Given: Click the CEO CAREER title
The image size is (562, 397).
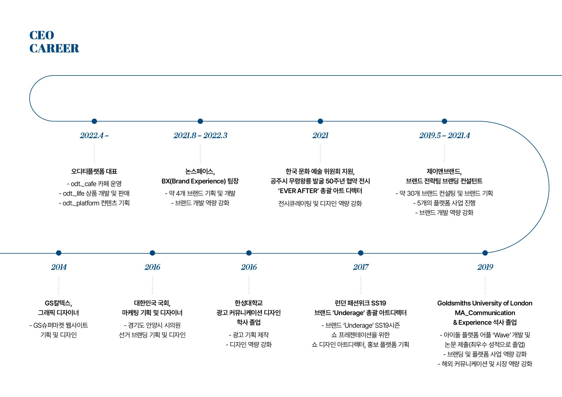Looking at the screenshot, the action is click(54, 42).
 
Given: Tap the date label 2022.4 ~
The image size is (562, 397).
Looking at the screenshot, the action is click(94, 135).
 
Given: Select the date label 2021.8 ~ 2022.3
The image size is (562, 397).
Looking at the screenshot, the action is click(200, 135).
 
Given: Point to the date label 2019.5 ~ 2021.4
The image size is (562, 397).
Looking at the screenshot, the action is click(444, 135).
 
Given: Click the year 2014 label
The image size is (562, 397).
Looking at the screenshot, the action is click(59, 267).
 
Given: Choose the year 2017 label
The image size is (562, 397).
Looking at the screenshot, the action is click(361, 267).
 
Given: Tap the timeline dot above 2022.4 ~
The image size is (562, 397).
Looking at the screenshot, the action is click(94, 121).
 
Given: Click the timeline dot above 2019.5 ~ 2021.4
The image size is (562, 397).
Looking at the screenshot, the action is click(444, 121).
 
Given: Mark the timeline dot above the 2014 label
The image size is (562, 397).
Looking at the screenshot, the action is click(59, 253).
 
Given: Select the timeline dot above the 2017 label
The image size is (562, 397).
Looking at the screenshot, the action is click(361, 253).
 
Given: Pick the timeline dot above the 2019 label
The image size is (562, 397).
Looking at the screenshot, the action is click(485, 253).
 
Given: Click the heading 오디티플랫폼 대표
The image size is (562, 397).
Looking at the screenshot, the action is click(94, 171).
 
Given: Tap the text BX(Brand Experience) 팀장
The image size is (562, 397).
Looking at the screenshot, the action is click(200, 181).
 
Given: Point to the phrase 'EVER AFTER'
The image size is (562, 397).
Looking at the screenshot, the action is click(298, 191).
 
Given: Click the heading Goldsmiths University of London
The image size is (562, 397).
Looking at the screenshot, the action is click(485, 303).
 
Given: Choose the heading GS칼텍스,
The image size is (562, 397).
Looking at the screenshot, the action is click(59, 303).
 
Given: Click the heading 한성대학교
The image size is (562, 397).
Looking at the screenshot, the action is click(249, 303).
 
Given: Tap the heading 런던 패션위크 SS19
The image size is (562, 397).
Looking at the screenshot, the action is click(360, 303).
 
